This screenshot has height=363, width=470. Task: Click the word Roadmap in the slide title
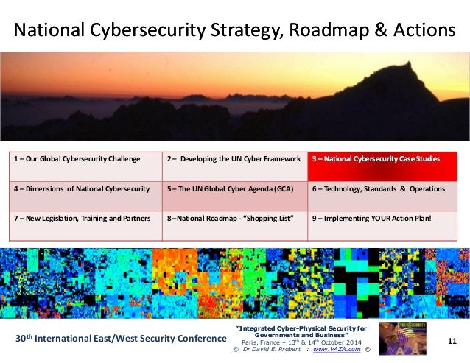tap(319, 31)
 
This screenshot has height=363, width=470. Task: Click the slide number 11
tap(452, 340)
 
